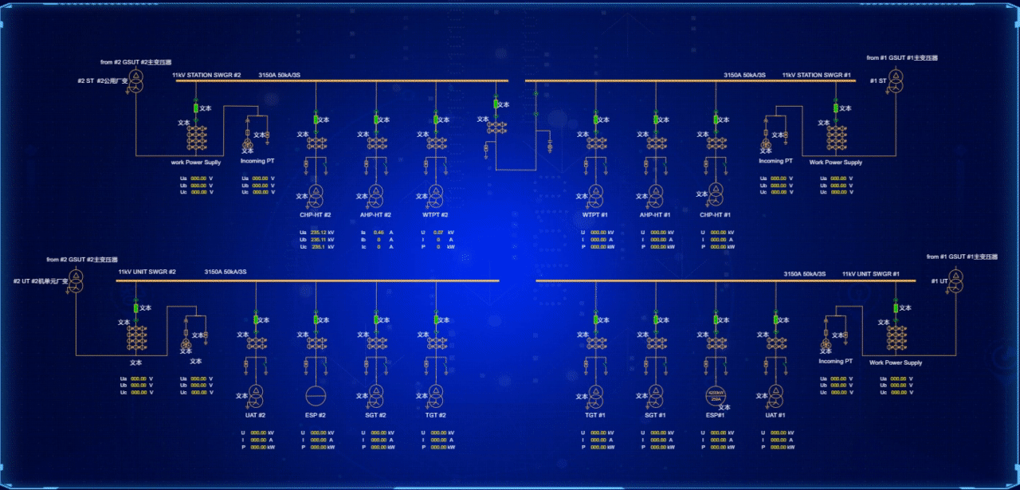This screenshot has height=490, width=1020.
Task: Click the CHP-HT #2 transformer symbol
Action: (316, 194)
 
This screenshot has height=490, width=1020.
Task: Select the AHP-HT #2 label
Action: (375, 214)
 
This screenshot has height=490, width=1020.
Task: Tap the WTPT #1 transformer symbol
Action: (595, 194)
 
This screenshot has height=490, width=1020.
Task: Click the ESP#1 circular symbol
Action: (716, 396)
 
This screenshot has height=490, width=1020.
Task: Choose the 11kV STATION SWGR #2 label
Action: (206, 75)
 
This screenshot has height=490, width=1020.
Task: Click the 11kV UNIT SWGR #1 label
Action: (870, 274)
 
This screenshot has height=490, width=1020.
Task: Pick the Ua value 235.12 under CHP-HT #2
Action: (318, 232)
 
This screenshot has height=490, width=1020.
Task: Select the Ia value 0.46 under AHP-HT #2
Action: (379, 232)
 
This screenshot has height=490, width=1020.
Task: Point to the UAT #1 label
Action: (775, 415)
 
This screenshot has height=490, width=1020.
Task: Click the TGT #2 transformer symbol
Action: (436, 394)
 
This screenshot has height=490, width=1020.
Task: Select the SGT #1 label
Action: (655, 415)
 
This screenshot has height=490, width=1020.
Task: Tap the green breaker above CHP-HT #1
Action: (716, 120)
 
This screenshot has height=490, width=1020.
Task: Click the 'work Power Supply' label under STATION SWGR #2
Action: (196, 163)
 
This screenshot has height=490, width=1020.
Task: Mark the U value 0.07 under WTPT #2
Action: (438, 232)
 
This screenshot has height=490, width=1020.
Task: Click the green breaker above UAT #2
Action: (256, 319)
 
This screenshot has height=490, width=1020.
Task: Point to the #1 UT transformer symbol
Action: (955, 279)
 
